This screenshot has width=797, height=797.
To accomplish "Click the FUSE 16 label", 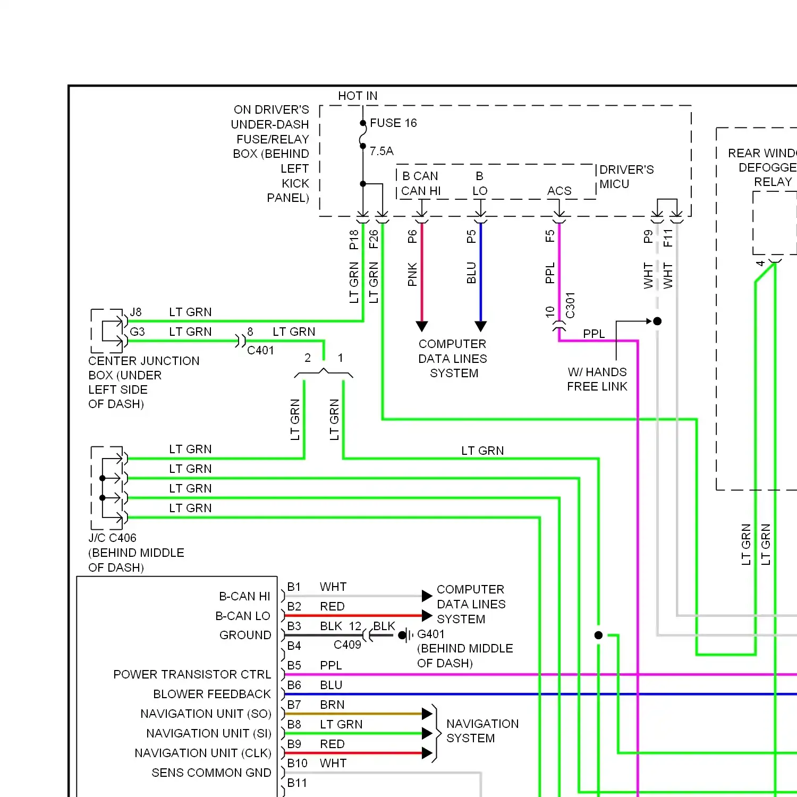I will [393, 123].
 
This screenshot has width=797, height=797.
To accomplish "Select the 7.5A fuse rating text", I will [381, 151].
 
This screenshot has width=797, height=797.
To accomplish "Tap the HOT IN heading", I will [358, 96].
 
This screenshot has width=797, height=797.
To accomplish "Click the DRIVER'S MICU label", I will [626, 177].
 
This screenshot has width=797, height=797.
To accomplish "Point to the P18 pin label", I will [354, 240].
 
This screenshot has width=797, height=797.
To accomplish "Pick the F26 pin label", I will [374, 239].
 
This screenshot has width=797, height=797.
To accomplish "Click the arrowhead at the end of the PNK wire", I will [422, 326].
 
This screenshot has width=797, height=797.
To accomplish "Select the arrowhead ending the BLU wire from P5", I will [481, 326].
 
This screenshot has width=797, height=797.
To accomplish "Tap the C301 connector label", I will [570, 306].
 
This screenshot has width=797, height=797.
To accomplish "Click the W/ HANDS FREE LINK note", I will [597, 379].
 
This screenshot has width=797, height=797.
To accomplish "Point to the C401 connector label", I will [260, 351].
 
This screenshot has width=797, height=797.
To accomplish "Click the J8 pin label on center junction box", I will [136, 312].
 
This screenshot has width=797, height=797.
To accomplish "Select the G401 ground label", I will [430, 634].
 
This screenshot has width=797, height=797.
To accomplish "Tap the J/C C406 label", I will [113, 538].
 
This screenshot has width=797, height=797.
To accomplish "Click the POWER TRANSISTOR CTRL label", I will [192, 675].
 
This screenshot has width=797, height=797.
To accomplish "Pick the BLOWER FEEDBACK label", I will [211, 694].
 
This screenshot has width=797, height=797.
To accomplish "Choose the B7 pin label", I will [294, 705].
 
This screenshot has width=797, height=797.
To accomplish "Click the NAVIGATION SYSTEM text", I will [482, 731].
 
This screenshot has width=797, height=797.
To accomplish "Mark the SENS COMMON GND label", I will [211, 773].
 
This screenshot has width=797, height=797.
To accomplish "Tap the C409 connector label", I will [347, 645].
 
